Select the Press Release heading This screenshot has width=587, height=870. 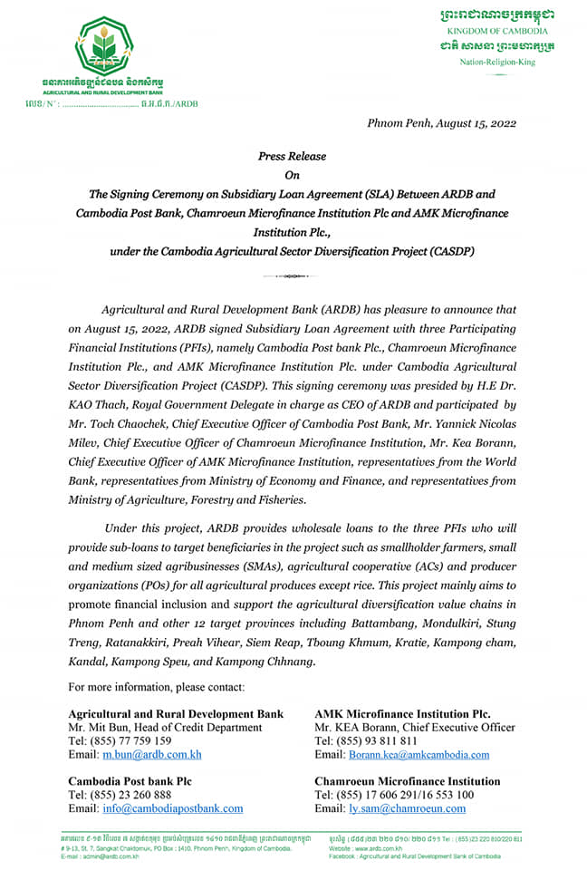pyautogui.click(x=292, y=156)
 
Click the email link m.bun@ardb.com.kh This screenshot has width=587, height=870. pyautogui.click(x=151, y=754)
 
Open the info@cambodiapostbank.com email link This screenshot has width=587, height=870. pyautogui.click(x=172, y=808)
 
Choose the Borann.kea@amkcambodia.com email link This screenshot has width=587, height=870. pyautogui.click(x=419, y=754)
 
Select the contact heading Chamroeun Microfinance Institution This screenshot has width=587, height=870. pyautogui.click(x=407, y=781)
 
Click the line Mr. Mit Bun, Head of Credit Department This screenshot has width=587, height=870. pyautogui.click(x=166, y=728)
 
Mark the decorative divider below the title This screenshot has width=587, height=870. pyautogui.click(x=292, y=275)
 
